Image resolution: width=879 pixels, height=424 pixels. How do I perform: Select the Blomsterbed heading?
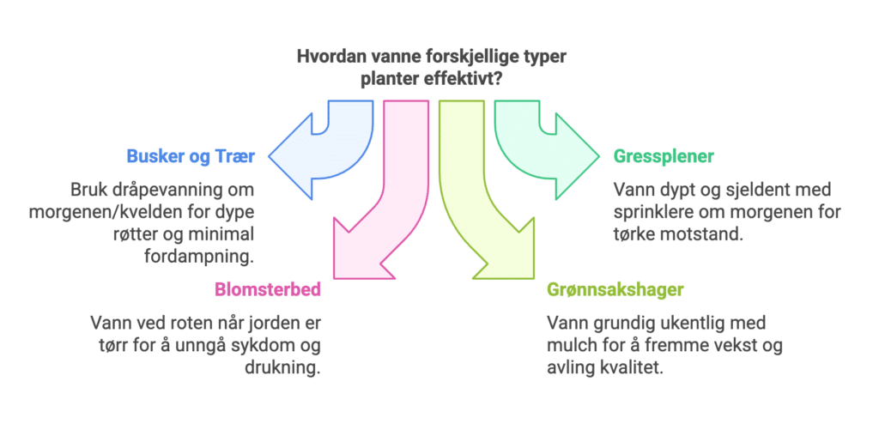(267, 289)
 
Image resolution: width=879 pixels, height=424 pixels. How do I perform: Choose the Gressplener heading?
(664, 157)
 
